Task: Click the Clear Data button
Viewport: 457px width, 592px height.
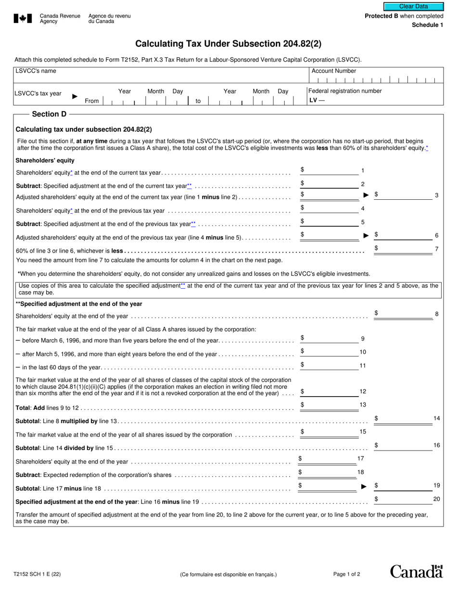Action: point(413,7)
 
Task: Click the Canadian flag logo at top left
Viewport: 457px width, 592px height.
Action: point(23,18)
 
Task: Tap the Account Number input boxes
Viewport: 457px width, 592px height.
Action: point(376,80)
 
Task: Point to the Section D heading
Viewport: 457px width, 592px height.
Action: point(49,114)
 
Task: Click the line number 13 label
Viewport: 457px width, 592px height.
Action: point(363,405)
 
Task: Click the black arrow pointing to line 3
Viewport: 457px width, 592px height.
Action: point(366,195)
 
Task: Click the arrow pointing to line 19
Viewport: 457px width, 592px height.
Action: point(364,487)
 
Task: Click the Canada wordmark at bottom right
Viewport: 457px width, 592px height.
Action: point(416,571)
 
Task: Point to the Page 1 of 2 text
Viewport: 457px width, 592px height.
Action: point(346,574)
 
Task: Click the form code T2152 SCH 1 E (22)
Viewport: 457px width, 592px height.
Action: point(37,574)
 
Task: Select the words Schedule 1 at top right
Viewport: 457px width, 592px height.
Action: point(427,25)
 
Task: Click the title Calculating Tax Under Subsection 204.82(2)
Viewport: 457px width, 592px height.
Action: point(228,44)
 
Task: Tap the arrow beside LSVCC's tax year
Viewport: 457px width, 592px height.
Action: point(75,96)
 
